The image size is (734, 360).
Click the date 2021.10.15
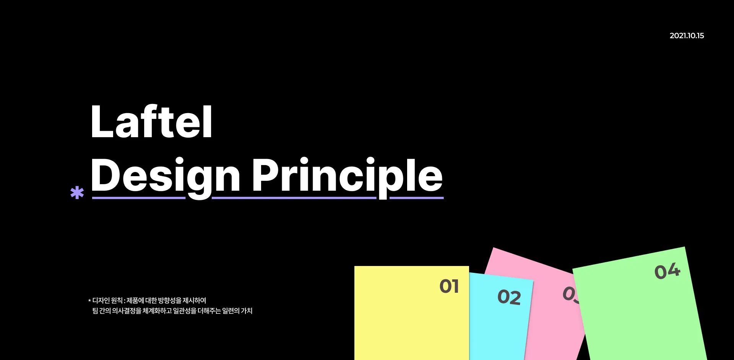pos(687,36)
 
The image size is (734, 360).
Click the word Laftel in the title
pos(151,122)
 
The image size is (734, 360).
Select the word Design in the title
pos(166,177)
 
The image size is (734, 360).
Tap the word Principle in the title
pos(347,177)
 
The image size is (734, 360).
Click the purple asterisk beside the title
pos(77,193)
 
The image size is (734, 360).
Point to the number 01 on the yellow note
pos(449,286)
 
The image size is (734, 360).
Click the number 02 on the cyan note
pos(509,297)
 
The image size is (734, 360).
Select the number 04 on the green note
pos(667,271)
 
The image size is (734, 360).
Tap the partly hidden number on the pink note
pos(570,294)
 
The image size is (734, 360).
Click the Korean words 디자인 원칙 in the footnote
pos(107,300)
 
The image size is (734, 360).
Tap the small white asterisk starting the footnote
pos(89,301)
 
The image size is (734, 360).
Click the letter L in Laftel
pos(102,122)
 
